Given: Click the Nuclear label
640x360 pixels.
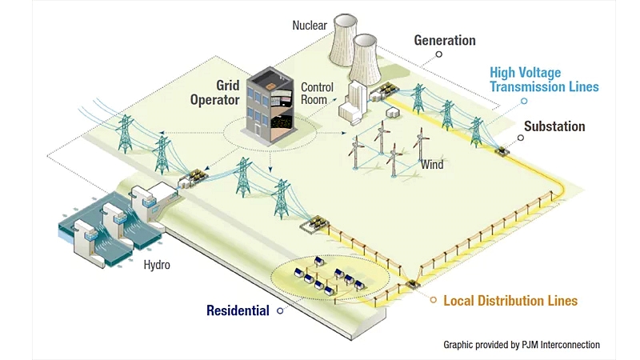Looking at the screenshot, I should (x=309, y=26).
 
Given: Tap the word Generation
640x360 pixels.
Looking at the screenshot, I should (x=444, y=40).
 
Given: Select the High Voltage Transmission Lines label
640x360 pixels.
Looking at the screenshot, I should (x=544, y=79).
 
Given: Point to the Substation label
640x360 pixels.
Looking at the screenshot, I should (x=554, y=126).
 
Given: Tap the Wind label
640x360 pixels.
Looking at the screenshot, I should (x=432, y=165).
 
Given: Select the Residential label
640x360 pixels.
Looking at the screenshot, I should (x=238, y=310).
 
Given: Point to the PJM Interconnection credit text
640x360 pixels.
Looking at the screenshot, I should (x=522, y=345).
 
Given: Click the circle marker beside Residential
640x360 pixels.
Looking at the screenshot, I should (x=278, y=310).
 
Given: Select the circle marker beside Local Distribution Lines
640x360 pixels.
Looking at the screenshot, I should (x=433, y=301).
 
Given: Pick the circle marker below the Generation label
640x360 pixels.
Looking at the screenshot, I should (x=438, y=55).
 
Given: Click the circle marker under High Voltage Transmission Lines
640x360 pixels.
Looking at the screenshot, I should (x=524, y=101).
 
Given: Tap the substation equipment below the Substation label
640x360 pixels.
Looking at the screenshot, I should (x=503, y=150).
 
